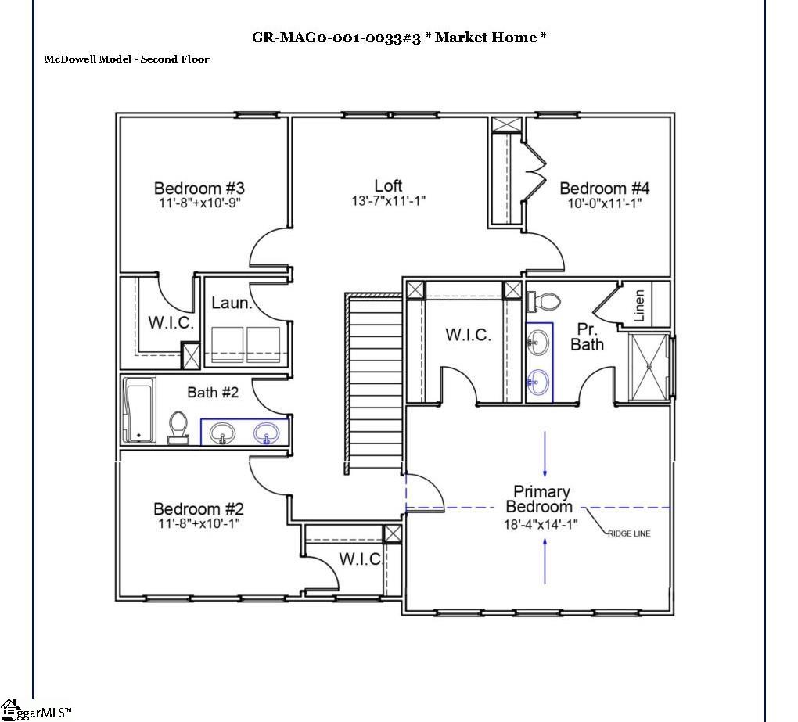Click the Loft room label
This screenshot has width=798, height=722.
point(388,185)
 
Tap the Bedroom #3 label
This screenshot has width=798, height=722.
point(199,188)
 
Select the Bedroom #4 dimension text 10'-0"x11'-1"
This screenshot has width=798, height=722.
point(604,203)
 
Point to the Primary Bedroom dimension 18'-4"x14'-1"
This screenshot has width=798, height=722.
point(540,525)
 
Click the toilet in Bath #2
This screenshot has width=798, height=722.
point(178,428)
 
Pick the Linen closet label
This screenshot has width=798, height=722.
point(639,306)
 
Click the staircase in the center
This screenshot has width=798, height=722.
point(374,383)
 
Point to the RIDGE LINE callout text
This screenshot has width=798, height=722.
point(628,533)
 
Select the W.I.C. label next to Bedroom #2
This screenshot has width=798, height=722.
point(360,559)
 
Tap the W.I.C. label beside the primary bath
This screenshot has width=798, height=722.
point(469,335)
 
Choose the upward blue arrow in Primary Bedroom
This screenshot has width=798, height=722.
point(545,561)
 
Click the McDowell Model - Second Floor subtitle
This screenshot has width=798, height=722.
point(127,59)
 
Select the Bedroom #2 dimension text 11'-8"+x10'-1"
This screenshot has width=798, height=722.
point(198,523)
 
